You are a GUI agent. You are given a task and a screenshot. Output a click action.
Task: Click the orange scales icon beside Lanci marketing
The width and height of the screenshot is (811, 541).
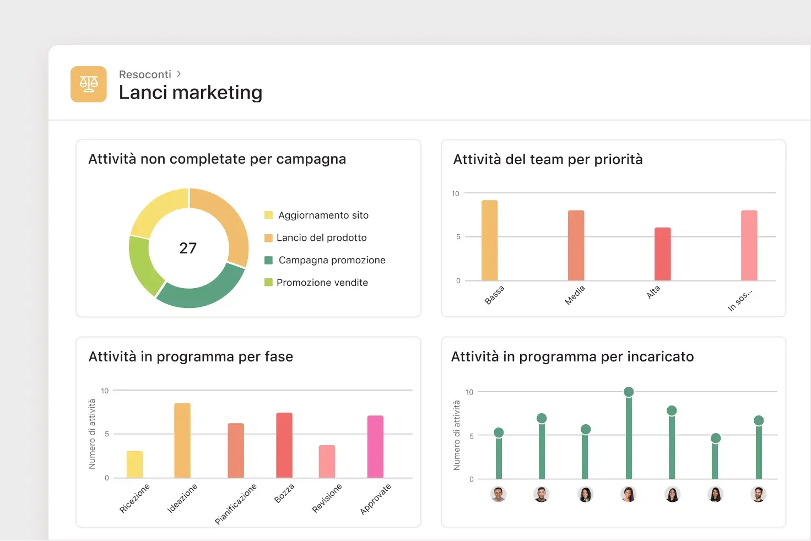click(88, 84)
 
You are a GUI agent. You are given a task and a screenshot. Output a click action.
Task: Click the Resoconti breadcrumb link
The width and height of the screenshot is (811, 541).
click(145, 74)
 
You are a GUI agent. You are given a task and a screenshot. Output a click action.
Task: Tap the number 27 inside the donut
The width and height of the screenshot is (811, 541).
click(188, 248)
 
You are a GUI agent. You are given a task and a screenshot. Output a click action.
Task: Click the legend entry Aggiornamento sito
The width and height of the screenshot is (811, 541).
click(323, 215)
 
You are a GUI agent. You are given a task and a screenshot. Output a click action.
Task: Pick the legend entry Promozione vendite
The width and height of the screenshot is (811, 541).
click(322, 283)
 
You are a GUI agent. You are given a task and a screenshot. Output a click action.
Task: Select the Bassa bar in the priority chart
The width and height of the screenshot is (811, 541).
click(489, 241)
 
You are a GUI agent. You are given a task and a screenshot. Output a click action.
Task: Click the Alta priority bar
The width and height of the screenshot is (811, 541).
click(662, 254)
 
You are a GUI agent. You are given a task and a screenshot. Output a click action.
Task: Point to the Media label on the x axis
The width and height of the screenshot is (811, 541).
click(575, 295)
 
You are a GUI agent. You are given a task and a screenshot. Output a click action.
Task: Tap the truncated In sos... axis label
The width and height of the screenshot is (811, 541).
click(739, 300)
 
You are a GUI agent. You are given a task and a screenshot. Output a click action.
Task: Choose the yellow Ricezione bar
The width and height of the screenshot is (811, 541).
click(134, 464)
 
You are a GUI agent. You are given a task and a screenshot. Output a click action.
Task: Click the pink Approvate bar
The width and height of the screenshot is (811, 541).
click(375, 447)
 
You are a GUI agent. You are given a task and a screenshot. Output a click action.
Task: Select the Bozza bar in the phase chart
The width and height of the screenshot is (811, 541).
click(284, 445)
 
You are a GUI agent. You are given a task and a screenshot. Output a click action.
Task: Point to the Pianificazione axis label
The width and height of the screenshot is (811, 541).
click(236, 504)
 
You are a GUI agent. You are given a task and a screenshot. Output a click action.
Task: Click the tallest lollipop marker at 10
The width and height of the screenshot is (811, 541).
click(629, 392)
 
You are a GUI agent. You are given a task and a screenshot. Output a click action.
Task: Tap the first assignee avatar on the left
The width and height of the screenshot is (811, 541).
click(498, 494)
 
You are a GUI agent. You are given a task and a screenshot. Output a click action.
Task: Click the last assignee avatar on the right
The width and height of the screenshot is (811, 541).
click(758, 494)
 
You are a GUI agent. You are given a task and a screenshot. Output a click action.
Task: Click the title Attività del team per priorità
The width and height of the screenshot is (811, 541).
click(548, 160)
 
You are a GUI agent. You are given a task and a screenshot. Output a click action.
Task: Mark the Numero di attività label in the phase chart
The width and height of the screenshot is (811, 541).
click(92, 434)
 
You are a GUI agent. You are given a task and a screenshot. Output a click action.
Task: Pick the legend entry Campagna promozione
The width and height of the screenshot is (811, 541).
click(332, 260)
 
